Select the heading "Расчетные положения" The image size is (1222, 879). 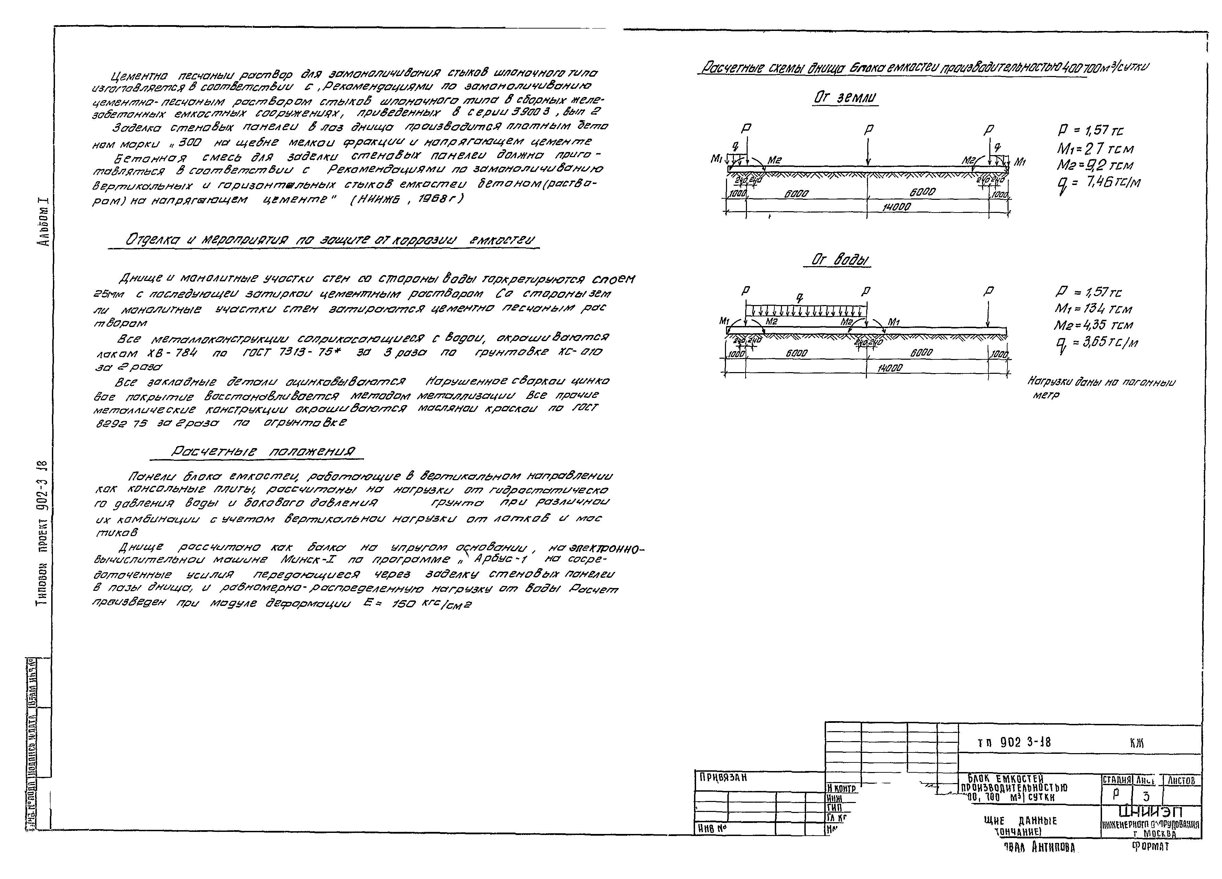click(263, 452)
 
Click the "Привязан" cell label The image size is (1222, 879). click(723, 778)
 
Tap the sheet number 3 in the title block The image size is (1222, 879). click(1146, 796)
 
